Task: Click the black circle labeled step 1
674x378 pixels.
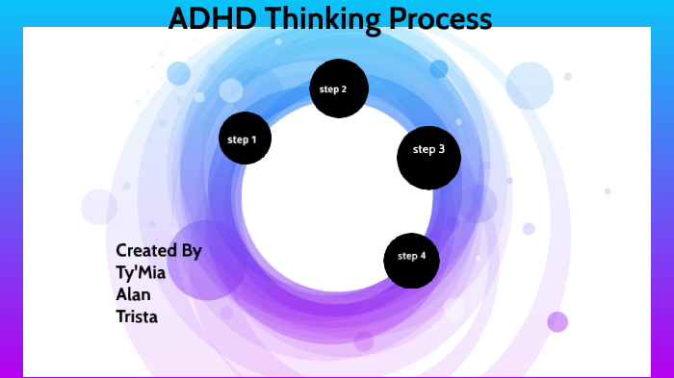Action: coord(245,139)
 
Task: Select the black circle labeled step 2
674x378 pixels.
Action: coord(338,88)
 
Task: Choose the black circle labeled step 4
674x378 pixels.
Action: coord(412,259)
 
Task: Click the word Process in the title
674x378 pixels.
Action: coord(441,18)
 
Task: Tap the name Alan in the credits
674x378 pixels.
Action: coord(133,294)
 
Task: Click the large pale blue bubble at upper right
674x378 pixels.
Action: coord(530,86)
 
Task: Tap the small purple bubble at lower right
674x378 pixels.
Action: coord(557,321)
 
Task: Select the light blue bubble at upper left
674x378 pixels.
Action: coord(179,73)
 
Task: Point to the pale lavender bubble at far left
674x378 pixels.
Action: coord(99,207)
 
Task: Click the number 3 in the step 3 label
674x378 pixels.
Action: coord(441,149)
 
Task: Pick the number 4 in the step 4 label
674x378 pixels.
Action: coord(424,256)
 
